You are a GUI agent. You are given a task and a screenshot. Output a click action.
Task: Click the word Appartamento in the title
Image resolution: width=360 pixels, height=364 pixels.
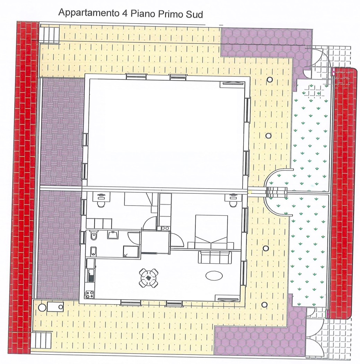coord(88,13)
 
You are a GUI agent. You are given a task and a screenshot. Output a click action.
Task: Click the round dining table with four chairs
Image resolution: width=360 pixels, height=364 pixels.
coord(149,278)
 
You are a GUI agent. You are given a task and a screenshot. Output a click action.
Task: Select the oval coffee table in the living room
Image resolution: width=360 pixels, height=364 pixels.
coord(214,276)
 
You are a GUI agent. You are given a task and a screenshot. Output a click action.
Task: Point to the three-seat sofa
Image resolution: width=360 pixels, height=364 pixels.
coord(214,257)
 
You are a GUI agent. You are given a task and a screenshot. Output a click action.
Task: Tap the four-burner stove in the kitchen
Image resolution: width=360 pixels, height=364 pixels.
coord(90,294)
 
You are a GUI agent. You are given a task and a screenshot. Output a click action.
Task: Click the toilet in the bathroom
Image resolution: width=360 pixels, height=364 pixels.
coord(94,236)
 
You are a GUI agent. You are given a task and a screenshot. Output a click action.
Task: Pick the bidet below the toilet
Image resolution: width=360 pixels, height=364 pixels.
coord(93,251)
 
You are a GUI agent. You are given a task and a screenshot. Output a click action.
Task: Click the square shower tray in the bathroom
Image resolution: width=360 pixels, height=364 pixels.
coord(131,252)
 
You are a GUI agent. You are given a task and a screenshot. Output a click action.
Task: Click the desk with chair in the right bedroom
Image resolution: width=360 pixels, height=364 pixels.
coord(232,200)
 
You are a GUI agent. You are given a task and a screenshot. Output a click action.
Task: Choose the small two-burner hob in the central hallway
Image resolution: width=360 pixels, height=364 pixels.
coord(165,228)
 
